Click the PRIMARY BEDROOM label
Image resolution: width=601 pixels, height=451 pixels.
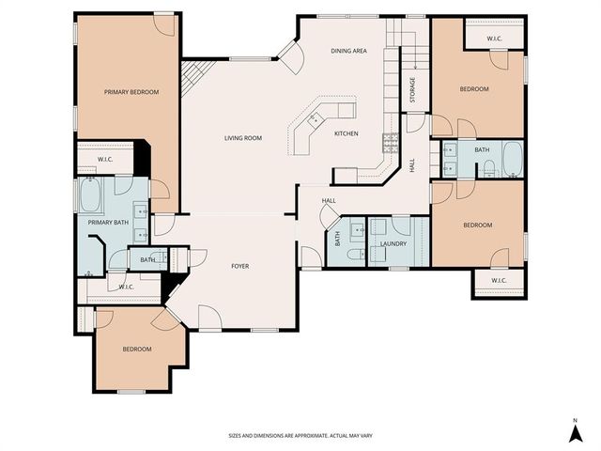pos(131,92)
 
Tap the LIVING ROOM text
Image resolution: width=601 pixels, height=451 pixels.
pos(242,138)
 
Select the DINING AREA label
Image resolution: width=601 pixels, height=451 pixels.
pos(348,51)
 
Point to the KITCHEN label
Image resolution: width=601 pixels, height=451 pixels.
pos(347,133)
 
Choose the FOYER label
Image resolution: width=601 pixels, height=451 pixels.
pos(240,266)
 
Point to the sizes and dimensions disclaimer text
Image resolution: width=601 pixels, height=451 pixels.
pos(300,436)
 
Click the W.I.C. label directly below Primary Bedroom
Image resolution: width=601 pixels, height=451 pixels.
pos(105,159)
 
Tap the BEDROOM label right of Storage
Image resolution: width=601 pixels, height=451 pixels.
pos(473,89)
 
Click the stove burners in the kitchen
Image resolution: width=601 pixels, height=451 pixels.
pos(390,143)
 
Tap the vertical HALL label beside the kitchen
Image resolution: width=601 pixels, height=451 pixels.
pos(412,164)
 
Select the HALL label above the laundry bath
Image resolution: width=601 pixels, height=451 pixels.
pos(329,201)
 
